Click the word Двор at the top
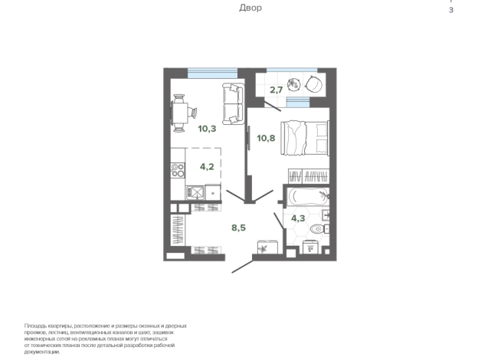(x=250, y=8)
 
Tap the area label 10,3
(x=207, y=129)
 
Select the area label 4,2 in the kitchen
(x=207, y=166)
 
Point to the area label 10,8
(x=266, y=139)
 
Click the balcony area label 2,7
(x=276, y=90)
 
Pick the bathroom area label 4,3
(x=298, y=218)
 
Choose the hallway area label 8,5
(x=238, y=227)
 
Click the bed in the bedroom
(x=305, y=138)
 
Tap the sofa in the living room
(x=233, y=104)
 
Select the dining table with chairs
(x=183, y=113)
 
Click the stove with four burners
(x=178, y=170)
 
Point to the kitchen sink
(x=195, y=192)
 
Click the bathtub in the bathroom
(x=308, y=196)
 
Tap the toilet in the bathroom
(x=319, y=229)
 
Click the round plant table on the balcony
(x=293, y=84)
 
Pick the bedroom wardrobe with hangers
(x=308, y=176)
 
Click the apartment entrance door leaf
(x=242, y=267)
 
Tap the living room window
(x=212, y=74)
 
